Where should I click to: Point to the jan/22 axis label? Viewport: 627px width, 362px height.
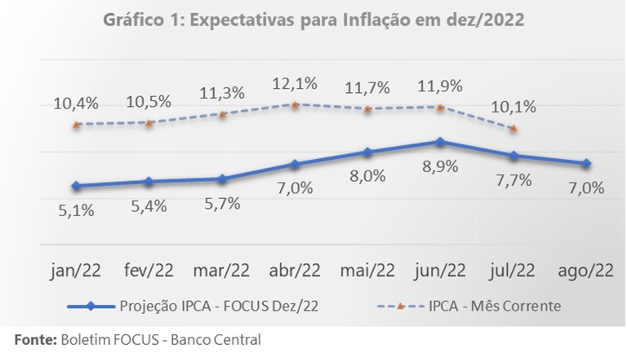76,270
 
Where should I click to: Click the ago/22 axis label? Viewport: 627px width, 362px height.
586,270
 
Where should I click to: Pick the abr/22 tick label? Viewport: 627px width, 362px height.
295,270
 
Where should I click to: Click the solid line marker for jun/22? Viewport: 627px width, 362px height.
441,142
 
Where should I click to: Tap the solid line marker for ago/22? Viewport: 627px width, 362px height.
586,163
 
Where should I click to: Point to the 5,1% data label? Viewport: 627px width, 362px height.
76,210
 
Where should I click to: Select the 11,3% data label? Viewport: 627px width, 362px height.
222,93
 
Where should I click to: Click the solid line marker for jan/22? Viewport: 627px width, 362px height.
76,186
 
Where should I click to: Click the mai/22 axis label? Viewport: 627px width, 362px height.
367,270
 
